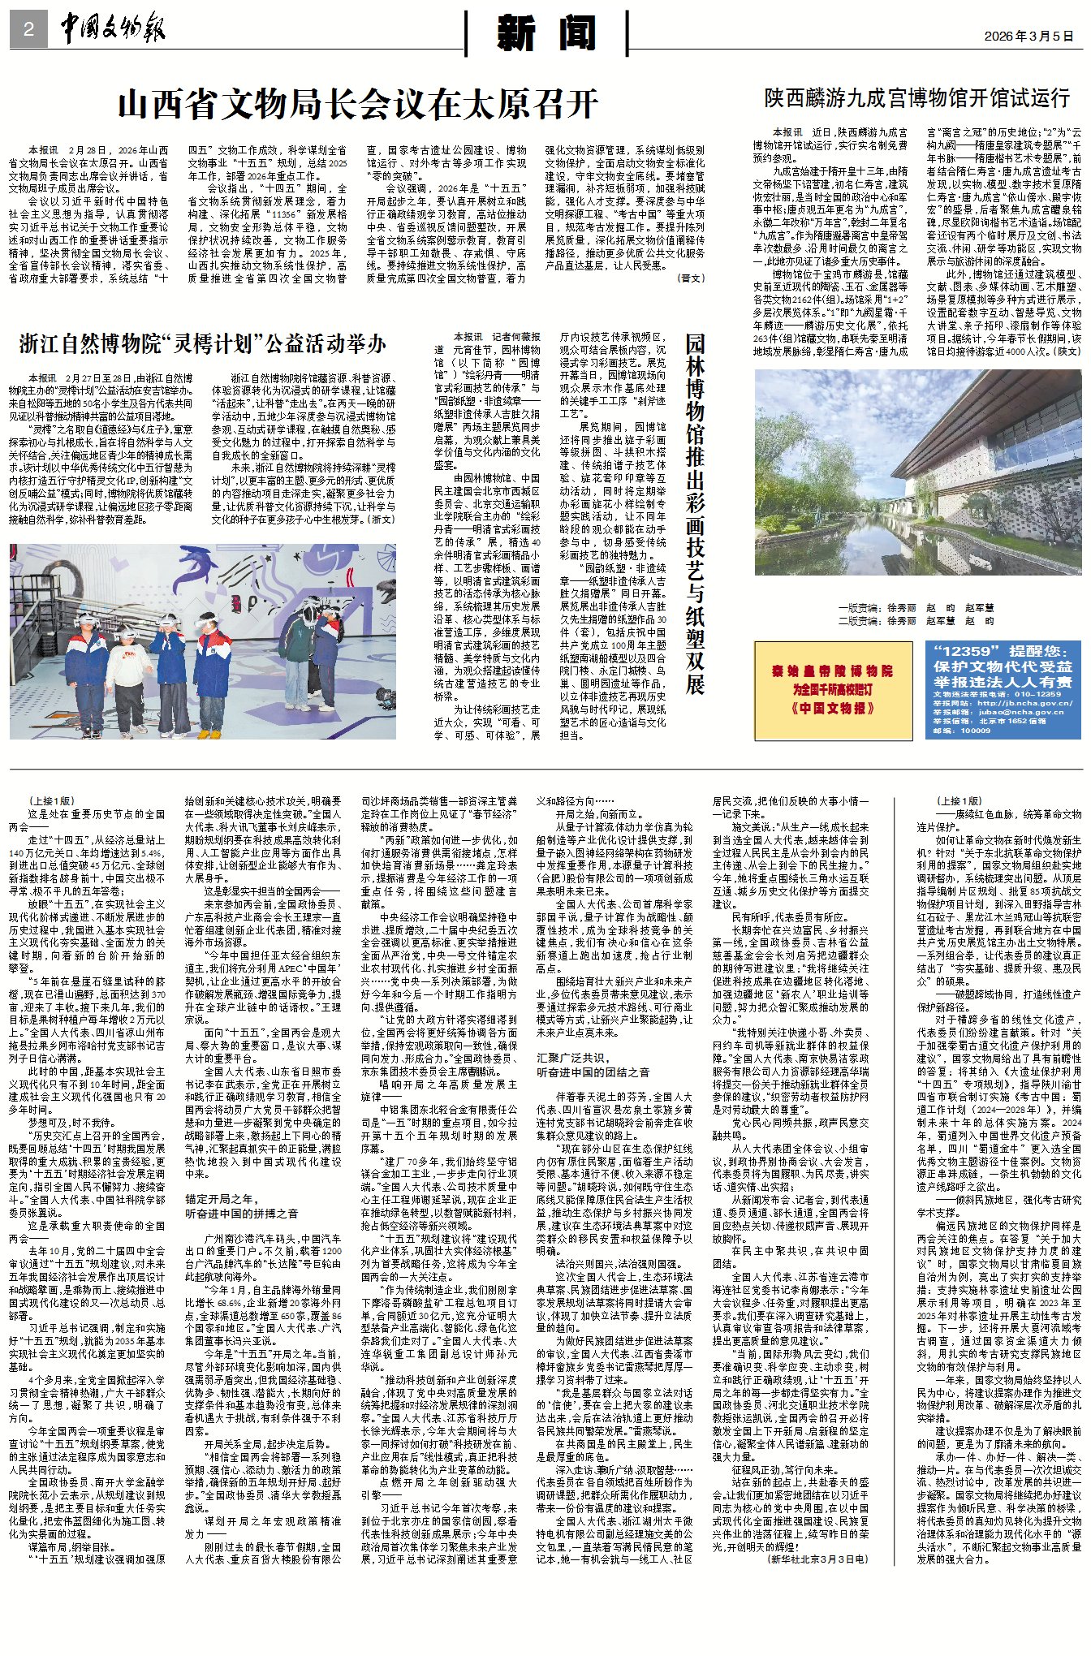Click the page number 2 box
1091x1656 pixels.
point(28,30)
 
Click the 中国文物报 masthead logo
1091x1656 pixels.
point(112,29)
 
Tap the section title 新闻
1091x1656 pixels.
point(546,34)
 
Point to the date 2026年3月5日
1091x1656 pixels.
point(1028,36)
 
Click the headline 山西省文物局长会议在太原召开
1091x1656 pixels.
point(357,104)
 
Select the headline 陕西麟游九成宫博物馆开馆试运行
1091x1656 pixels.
point(916,98)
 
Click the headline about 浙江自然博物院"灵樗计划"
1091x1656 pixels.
point(202,343)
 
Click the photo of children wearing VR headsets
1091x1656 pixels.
point(203,640)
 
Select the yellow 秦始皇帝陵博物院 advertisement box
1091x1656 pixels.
point(833,690)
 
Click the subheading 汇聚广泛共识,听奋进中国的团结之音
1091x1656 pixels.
point(593,1064)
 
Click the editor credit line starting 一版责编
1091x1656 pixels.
point(916,607)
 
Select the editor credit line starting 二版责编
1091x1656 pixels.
point(916,620)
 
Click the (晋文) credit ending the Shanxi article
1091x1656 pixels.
point(691,278)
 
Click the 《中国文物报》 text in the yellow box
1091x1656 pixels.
point(833,708)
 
